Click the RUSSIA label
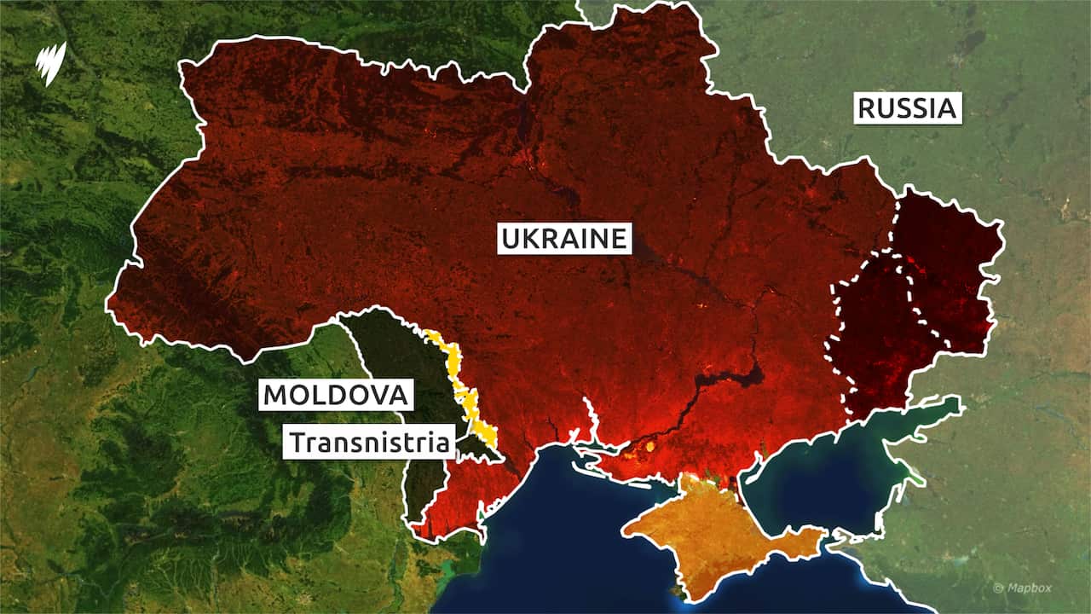(908, 109)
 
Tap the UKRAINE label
(564, 239)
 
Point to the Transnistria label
(369, 443)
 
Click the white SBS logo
(49, 61)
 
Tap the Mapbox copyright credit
(1024, 588)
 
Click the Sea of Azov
(818, 478)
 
